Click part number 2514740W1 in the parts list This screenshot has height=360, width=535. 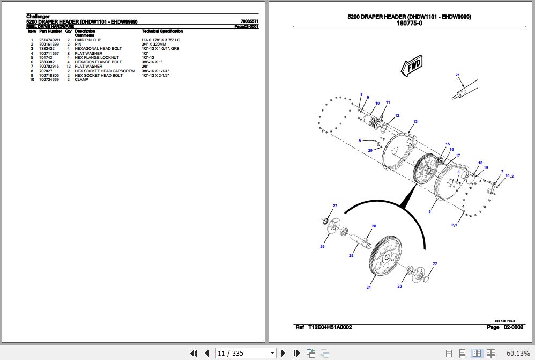click(50, 40)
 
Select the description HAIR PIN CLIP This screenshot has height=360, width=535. click(88, 40)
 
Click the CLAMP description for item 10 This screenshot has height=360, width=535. click(81, 80)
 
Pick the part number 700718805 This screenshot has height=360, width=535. click(50, 76)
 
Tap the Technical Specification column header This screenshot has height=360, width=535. click(162, 32)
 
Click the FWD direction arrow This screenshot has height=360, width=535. click(411, 67)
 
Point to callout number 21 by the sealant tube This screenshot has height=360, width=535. click(457, 75)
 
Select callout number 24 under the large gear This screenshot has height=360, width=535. click(369, 288)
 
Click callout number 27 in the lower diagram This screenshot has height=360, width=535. click(335, 206)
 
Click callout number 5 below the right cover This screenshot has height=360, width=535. click(429, 212)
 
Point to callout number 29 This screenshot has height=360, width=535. click(370, 151)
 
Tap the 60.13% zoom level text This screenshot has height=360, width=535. click(517, 353)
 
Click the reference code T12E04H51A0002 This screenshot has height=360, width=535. click(330, 327)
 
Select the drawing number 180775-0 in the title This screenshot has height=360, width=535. click(409, 23)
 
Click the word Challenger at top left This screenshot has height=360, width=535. click(38, 17)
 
